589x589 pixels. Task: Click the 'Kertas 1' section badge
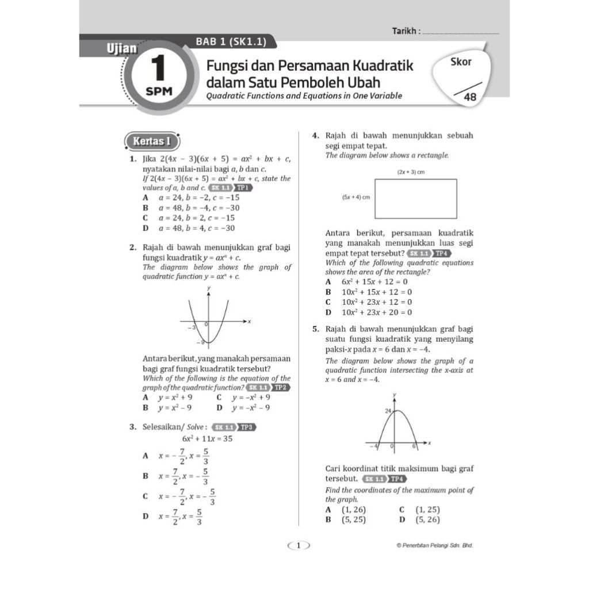152,141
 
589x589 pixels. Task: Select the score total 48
471,98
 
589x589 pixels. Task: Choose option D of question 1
197,228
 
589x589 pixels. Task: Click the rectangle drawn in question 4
415,198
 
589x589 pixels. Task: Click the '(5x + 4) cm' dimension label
355,197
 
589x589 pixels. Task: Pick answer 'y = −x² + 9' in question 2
251,397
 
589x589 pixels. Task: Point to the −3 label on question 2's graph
192,327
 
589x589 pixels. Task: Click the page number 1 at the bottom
299,545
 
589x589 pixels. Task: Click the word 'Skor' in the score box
461,62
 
